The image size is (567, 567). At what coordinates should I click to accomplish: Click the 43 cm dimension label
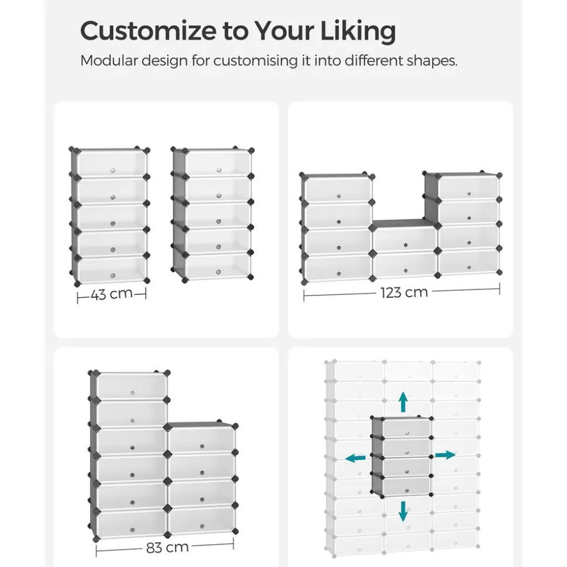[111, 294]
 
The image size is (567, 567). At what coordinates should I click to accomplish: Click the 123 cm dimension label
[404, 292]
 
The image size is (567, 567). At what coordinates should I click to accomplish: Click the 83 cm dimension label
[167, 547]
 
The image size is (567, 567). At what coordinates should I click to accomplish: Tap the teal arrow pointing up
[403, 402]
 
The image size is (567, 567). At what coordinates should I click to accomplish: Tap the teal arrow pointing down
[403, 510]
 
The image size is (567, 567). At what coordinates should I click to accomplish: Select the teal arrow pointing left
[355, 458]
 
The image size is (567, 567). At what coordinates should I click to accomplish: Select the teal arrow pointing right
[445, 455]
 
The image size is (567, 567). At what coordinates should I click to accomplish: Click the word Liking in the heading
[358, 32]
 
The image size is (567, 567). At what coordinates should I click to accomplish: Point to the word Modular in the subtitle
[109, 60]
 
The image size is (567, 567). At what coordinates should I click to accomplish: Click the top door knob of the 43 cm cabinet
[113, 170]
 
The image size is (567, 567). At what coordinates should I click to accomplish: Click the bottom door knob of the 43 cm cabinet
[113, 276]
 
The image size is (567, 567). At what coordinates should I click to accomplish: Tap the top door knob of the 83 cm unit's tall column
[132, 393]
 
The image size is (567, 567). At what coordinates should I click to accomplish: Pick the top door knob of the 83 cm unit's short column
[202, 446]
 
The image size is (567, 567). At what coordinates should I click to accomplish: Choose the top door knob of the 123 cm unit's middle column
[406, 245]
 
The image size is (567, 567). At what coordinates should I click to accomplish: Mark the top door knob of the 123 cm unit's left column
[339, 196]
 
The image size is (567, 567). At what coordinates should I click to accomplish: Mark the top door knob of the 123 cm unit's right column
[469, 193]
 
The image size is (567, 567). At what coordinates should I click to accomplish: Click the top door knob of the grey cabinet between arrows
[407, 433]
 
